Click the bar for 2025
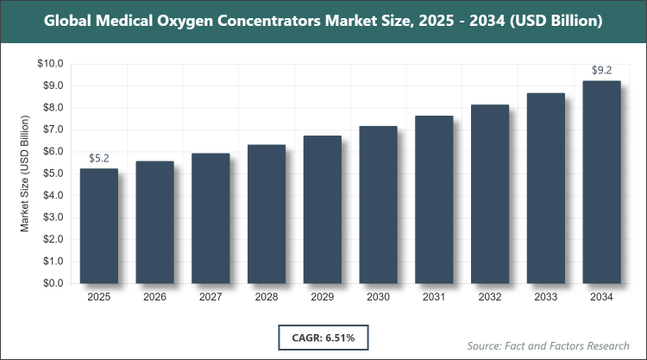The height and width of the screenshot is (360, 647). click(x=98, y=225)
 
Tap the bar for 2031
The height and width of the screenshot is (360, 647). click(x=434, y=199)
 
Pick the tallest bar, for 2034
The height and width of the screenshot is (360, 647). click(x=601, y=181)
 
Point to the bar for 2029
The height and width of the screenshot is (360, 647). click(x=322, y=209)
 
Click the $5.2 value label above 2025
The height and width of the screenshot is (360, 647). click(x=98, y=158)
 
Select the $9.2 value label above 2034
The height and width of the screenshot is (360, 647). click(x=601, y=70)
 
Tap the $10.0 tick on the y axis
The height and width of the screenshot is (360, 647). click(x=51, y=64)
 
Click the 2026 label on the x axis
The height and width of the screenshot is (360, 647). click(x=154, y=297)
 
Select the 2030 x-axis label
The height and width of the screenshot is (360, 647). click(x=378, y=297)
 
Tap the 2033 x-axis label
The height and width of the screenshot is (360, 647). click(x=545, y=297)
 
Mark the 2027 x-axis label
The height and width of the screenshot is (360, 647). click(x=210, y=297)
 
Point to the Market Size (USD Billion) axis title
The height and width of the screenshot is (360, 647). click(x=25, y=174)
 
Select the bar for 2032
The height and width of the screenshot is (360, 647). click(x=489, y=194)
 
